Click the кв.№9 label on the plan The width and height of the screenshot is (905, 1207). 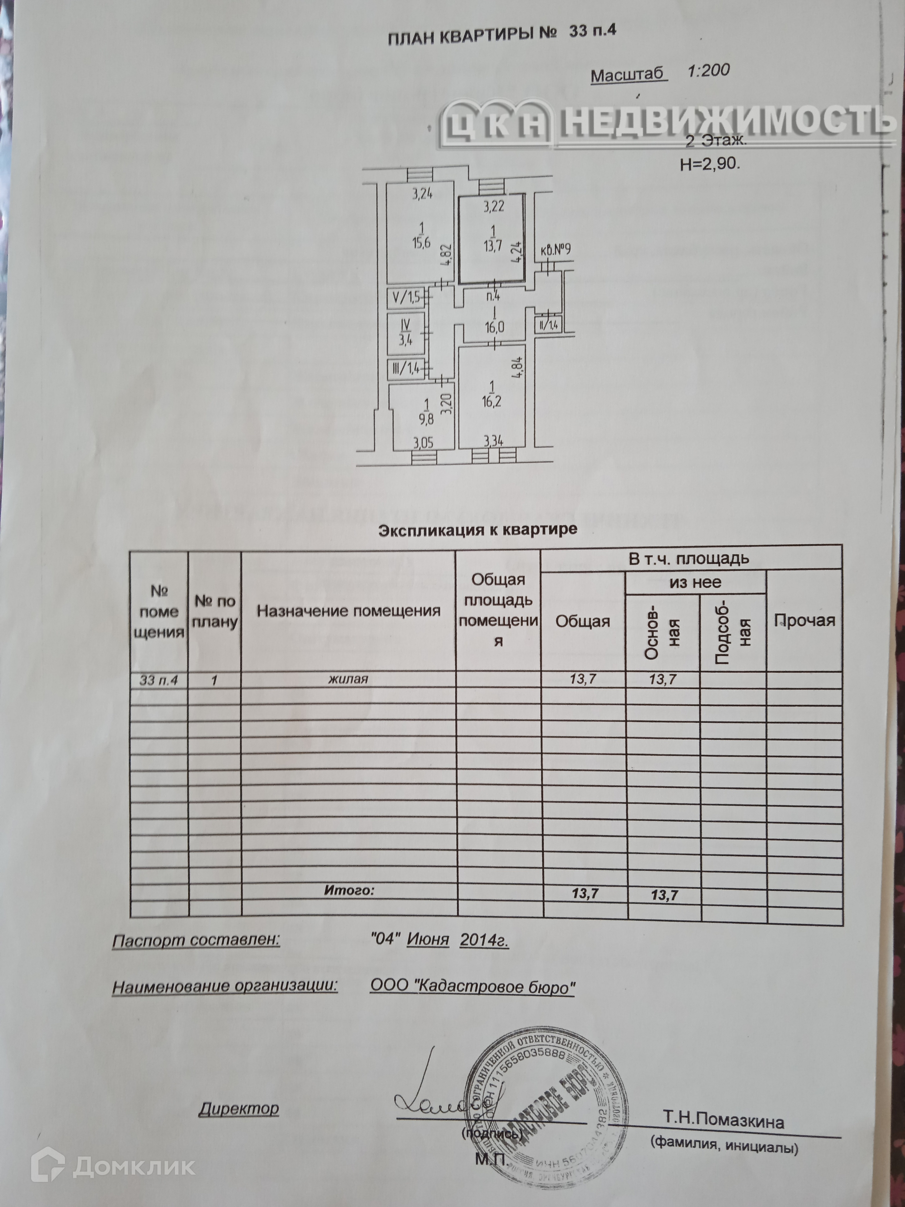click(555, 250)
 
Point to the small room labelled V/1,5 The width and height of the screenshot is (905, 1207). click(406, 298)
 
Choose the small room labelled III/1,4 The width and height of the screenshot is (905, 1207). click(406, 369)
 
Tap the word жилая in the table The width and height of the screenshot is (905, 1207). click(348, 679)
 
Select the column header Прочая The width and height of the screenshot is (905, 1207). click(805, 620)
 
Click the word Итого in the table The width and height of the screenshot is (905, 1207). click(349, 890)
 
